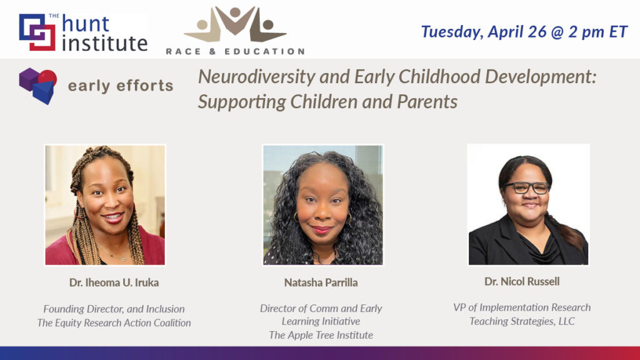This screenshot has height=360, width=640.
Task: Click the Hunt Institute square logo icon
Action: (x=37, y=32)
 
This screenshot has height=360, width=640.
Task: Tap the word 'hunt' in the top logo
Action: (x=86, y=24)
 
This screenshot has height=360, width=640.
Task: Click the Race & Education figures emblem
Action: (x=235, y=24)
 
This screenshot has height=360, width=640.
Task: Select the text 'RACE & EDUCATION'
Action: (x=235, y=51)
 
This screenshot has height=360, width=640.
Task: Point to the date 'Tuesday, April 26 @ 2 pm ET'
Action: (x=524, y=32)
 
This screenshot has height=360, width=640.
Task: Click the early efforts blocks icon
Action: (x=38, y=86)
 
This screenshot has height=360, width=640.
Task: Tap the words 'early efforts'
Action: (x=121, y=86)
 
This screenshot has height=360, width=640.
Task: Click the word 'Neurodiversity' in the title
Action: (x=257, y=77)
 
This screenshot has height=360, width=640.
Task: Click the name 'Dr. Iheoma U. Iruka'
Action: (x=114, y=282)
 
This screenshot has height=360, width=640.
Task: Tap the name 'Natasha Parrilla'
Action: (x=321, y=282)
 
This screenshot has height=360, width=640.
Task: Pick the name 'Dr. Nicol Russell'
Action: (x=522, y=281)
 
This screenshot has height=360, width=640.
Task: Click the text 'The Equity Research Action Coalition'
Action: (x=114, y=323)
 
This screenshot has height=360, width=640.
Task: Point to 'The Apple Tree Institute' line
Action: (x=321, y=335)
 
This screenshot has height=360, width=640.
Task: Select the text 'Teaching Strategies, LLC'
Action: (x=522, y=321)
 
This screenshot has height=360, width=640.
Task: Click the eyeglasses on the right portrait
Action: (x=527, y=187)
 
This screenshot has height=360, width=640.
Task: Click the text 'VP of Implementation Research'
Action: (x=522, y=307)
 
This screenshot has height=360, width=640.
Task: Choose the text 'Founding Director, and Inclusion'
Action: (x=114, y=309)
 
